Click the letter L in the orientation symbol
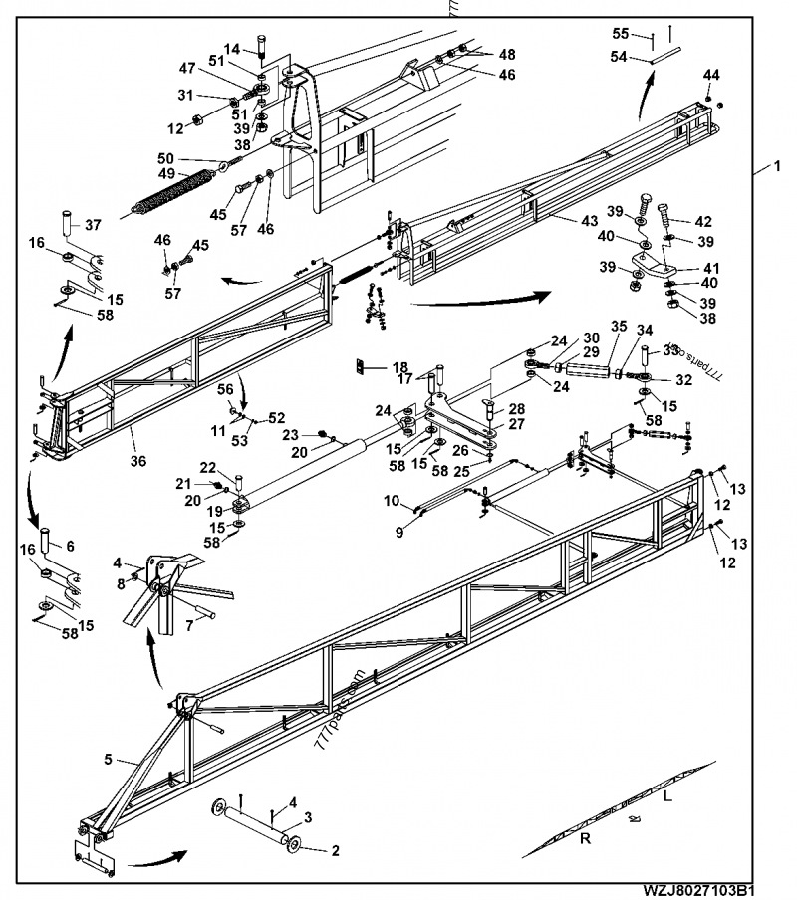(667, 797)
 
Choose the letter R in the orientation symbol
(585, 839)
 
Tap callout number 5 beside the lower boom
(108, 759)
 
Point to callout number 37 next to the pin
(92, 224)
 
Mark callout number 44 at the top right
(711, 76)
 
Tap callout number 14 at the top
(231, 49)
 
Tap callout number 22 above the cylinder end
(207, 468)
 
